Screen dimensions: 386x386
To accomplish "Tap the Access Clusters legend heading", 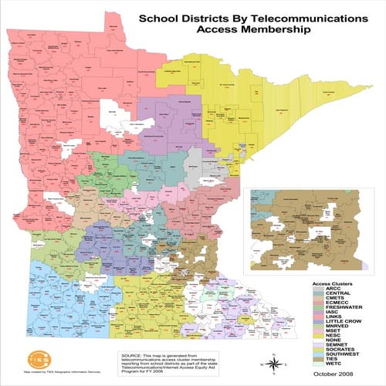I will [332, 284].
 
